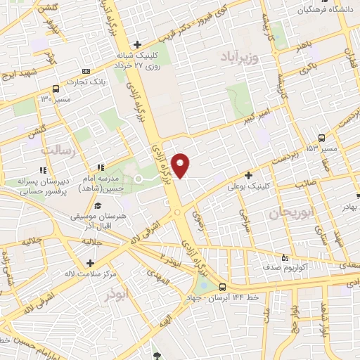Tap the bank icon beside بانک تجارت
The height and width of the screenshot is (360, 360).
[86, 71]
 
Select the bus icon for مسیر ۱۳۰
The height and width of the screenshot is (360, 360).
[56, 89]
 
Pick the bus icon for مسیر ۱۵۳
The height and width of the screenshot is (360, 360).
[321, 138]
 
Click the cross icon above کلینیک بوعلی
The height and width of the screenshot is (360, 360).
[247, 175]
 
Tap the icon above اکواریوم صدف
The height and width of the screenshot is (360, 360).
[284, 257]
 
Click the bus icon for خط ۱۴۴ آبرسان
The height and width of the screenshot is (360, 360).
[222, 287]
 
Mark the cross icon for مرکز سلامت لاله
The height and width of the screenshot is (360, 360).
[90, 264]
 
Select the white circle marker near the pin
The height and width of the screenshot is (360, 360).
[139, 179]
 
